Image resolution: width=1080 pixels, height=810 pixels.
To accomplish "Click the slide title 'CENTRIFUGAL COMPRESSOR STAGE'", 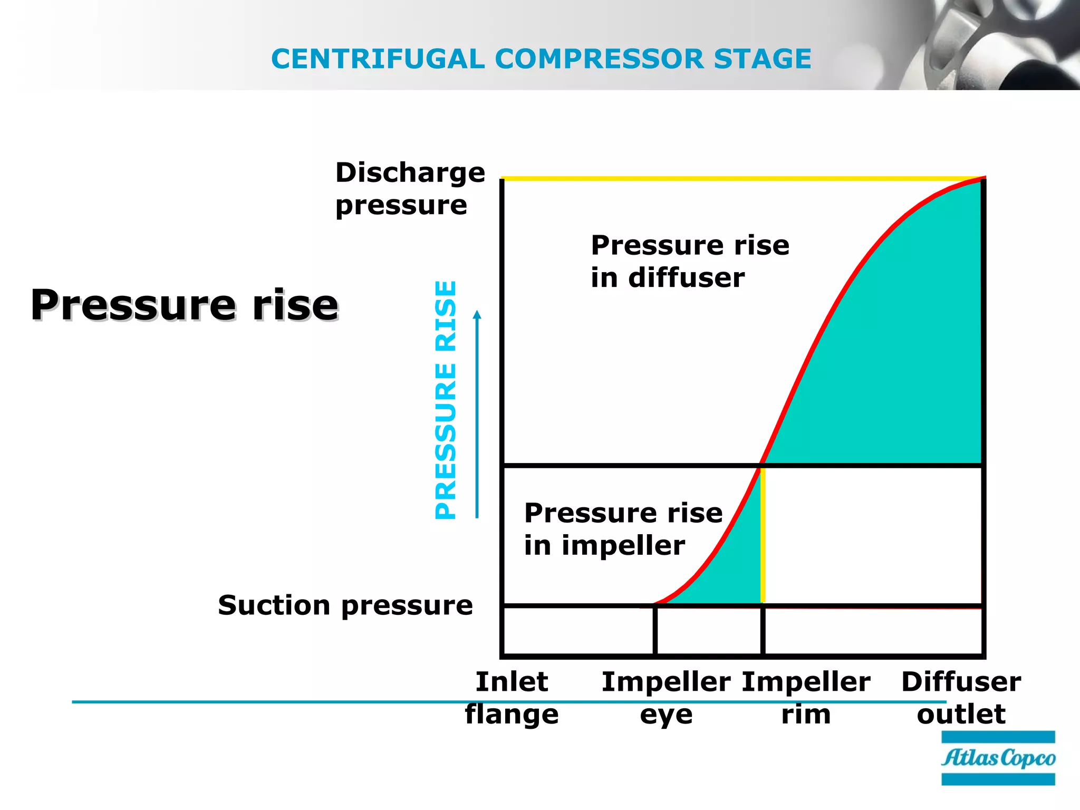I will point(541,59).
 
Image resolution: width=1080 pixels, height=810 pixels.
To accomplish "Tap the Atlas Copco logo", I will point(998,758).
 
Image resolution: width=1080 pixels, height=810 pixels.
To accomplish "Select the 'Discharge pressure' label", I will point(410,188).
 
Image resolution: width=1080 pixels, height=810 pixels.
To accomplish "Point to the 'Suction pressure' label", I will point(345,605).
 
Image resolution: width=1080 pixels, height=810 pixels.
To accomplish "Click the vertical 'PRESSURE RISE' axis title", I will point(446,400).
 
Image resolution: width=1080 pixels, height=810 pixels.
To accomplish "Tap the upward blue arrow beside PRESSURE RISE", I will point(477,411).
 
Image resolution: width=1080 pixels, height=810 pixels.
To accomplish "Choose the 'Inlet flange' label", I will point(512,698).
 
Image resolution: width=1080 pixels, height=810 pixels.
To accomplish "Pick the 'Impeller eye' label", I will point(666,698).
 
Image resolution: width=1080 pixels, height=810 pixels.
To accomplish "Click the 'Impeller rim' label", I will point(806,698).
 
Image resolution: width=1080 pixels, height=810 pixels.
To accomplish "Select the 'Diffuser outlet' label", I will point(961,698).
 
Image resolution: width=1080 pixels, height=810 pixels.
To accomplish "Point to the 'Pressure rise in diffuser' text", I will point(690,261).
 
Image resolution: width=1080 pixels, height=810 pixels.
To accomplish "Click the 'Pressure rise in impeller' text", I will point(623,528).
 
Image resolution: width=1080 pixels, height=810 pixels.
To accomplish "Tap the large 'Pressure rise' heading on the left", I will point(185,305).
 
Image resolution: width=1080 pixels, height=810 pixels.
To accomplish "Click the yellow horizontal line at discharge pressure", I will point(738,179).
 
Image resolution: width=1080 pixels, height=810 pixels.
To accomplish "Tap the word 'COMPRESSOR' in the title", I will point(599,59).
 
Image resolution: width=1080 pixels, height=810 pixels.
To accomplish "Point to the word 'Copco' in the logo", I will point(1028,758).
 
